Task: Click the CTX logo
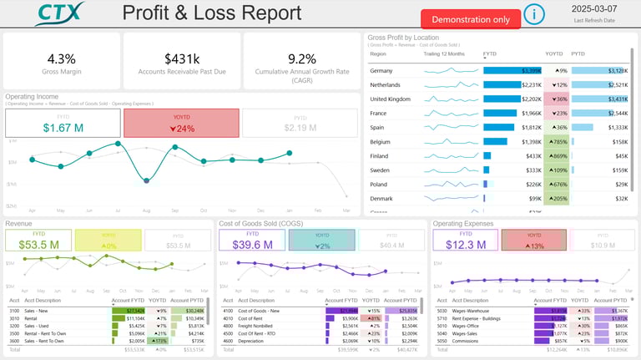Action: point(60,13)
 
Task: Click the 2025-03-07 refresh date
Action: point(594,8)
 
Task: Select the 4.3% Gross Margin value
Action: point(61,58)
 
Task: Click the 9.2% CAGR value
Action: point(301,58)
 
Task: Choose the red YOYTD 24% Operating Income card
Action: point(181,124)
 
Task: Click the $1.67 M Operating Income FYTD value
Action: point(63,128)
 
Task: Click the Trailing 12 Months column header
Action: point(443,53)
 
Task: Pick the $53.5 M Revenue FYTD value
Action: point(38,245)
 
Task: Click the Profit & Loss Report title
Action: point(212,13)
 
